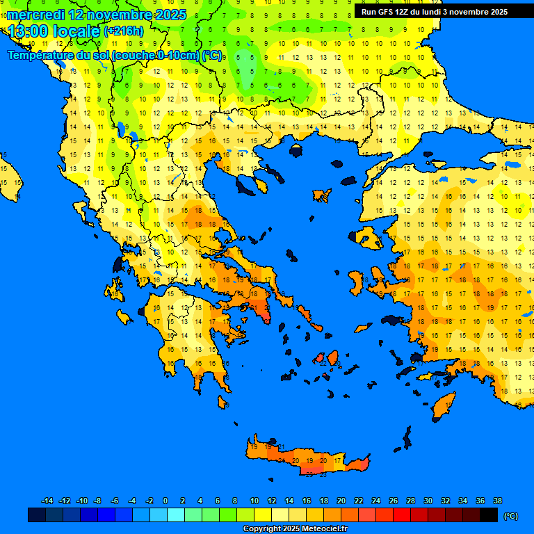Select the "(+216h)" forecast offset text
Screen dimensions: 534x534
pyautogui.click(x=123, y=31)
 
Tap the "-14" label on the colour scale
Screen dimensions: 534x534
pyautogui.click(x=47, y=501)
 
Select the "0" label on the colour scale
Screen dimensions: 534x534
pyautogui.click(x=165, y=501)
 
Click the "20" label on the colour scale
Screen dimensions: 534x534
pyautogui.click(x=341, y=501)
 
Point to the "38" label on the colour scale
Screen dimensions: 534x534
pyautogui.click(x=497, y=501)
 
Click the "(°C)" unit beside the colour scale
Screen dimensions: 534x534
pyautogui.click(x=511, y=516)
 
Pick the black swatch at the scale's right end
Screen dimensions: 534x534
pyautogui.click(x=489, y=515)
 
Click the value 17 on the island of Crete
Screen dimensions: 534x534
pyautogui.click(x=338, y=460)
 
